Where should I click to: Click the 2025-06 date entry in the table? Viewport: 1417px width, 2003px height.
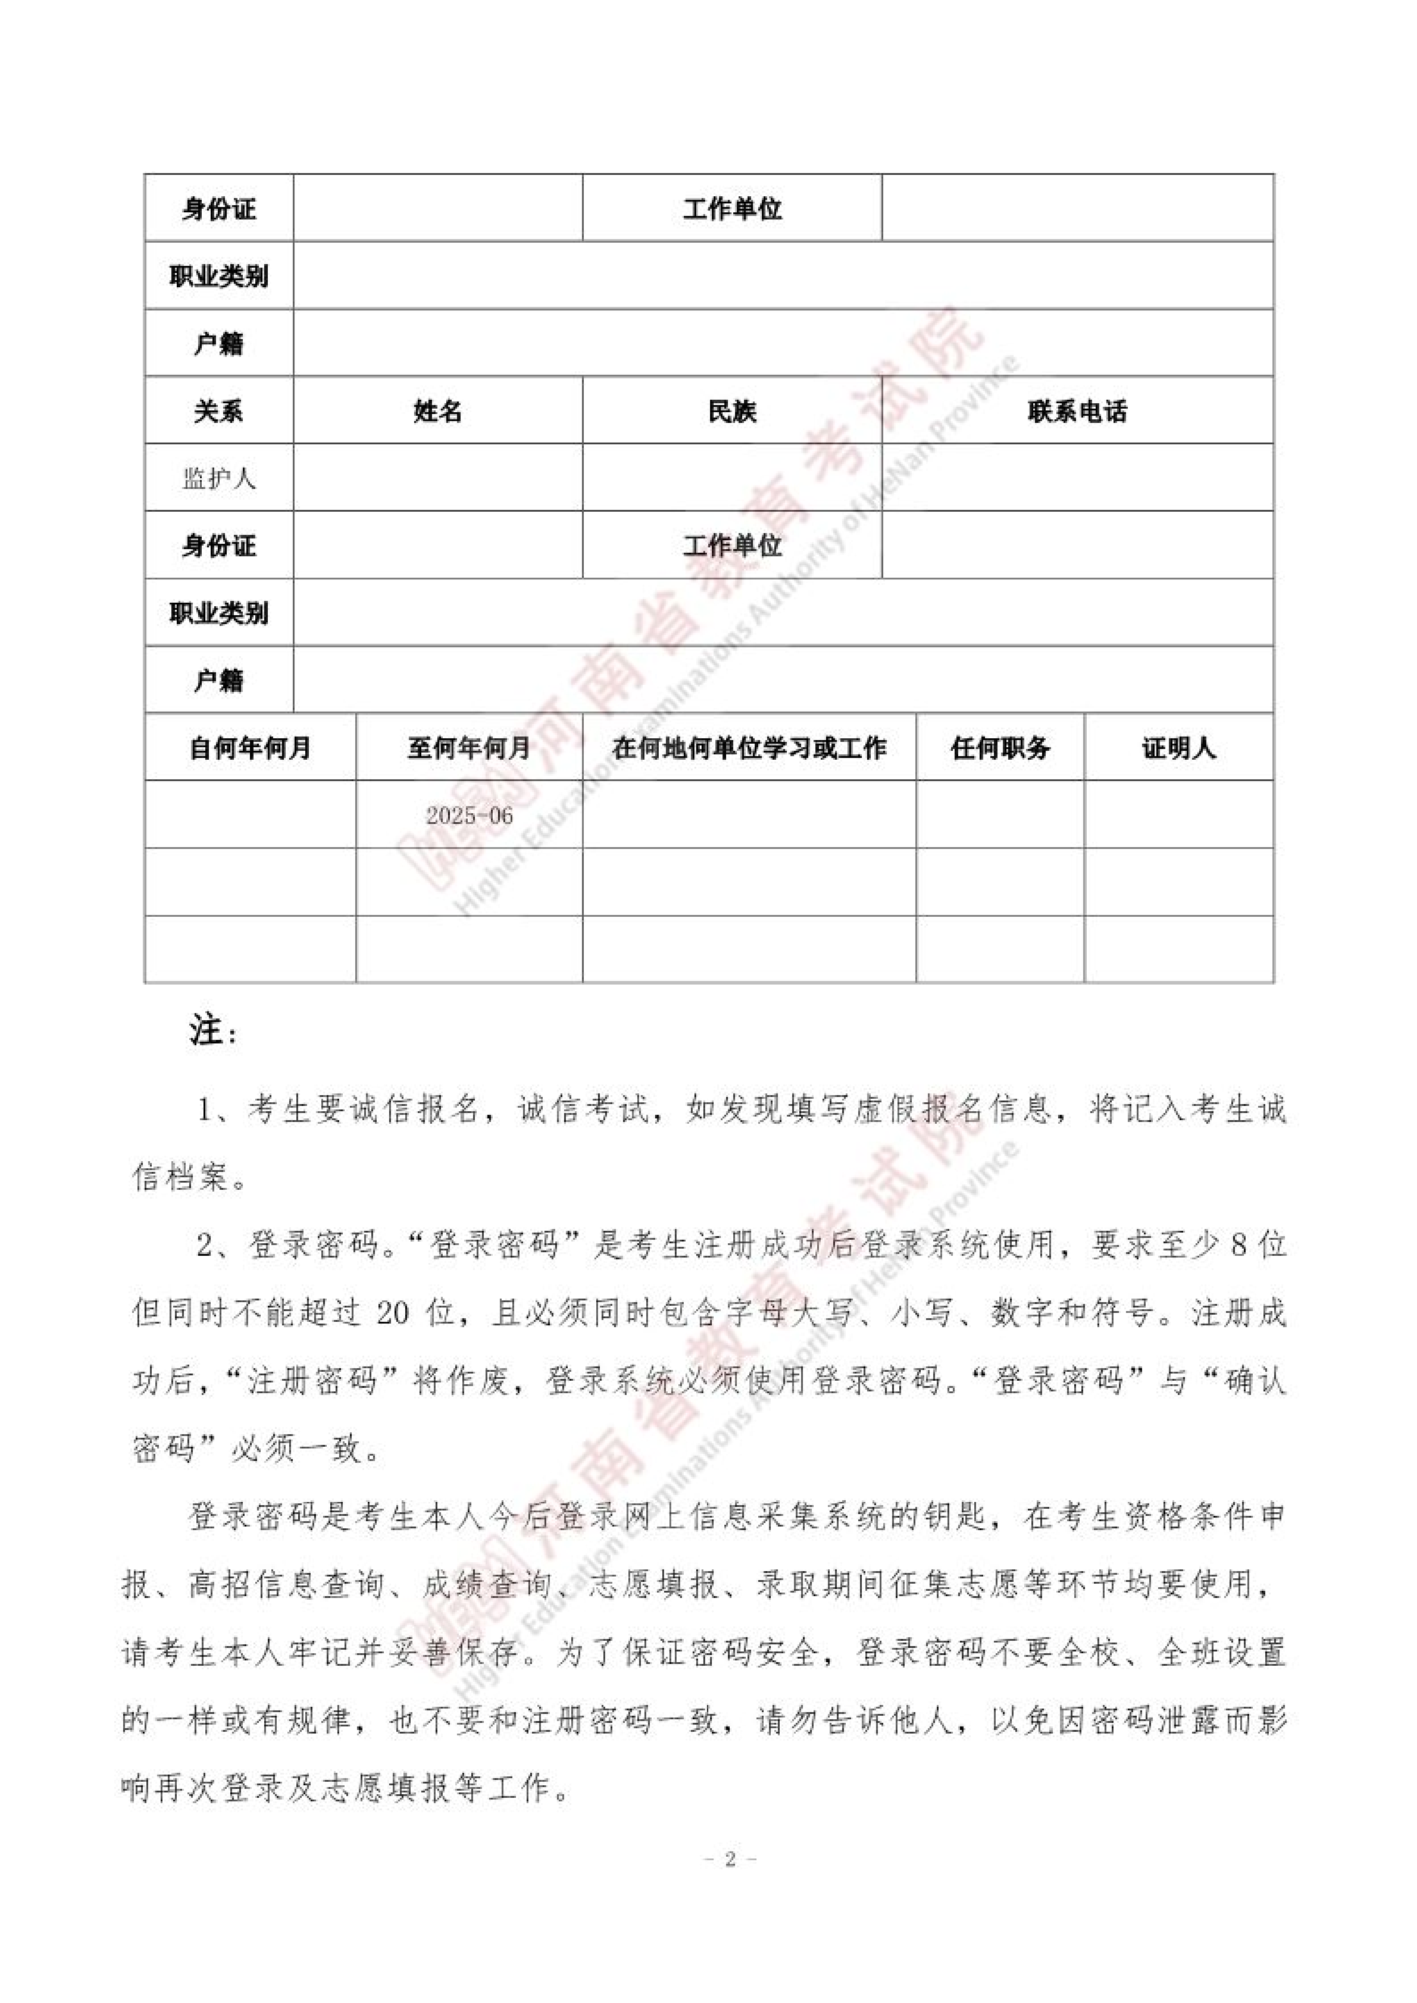click(x=470, y=815)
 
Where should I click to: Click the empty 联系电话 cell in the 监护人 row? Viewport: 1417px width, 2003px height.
click(x=1077, y=478)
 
